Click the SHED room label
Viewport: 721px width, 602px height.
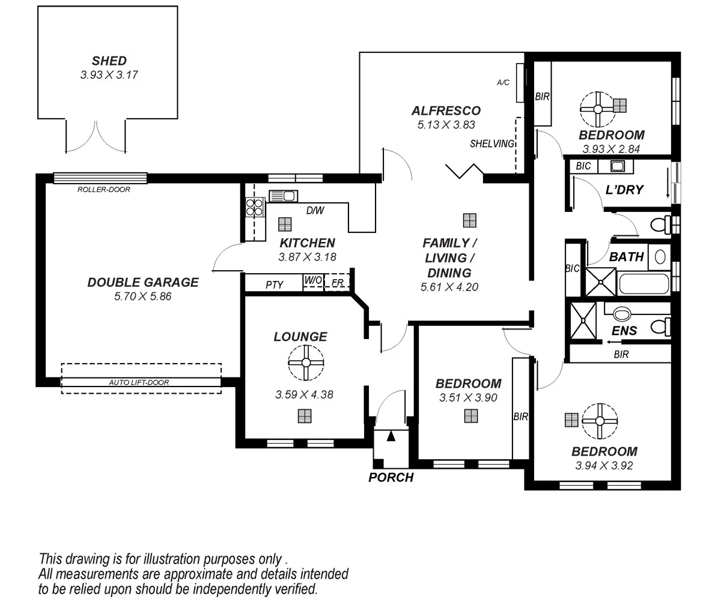click(109, 61)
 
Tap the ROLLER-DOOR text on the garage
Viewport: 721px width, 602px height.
click(103, 190)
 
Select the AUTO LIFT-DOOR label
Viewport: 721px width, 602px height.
click(139, 382)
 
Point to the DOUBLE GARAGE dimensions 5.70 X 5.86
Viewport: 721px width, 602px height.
click(143, 296)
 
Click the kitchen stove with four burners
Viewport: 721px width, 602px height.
click(254, 207)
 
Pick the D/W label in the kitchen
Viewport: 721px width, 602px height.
click(315, 210)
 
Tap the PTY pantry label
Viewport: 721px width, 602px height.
click(275, 285)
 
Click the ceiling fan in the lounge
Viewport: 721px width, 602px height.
click(306, 363)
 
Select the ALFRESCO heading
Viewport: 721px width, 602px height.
click(446, 111)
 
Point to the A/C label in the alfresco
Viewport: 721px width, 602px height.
click(503, 82)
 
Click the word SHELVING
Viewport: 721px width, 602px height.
click(492, 143)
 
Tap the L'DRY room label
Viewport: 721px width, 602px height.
click(625, 190)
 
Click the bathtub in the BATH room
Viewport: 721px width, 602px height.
click(644, 284)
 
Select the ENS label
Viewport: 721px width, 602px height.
click(624, 331)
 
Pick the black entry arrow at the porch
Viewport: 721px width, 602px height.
click(391, 436)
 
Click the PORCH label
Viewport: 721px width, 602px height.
click(391, 478)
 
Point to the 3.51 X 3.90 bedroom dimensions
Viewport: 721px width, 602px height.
click(468, 397)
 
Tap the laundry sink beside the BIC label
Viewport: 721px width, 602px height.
click(617, 166)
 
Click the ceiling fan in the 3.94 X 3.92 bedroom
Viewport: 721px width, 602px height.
click(600, 421)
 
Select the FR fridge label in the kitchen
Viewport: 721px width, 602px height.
click(337, 283)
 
